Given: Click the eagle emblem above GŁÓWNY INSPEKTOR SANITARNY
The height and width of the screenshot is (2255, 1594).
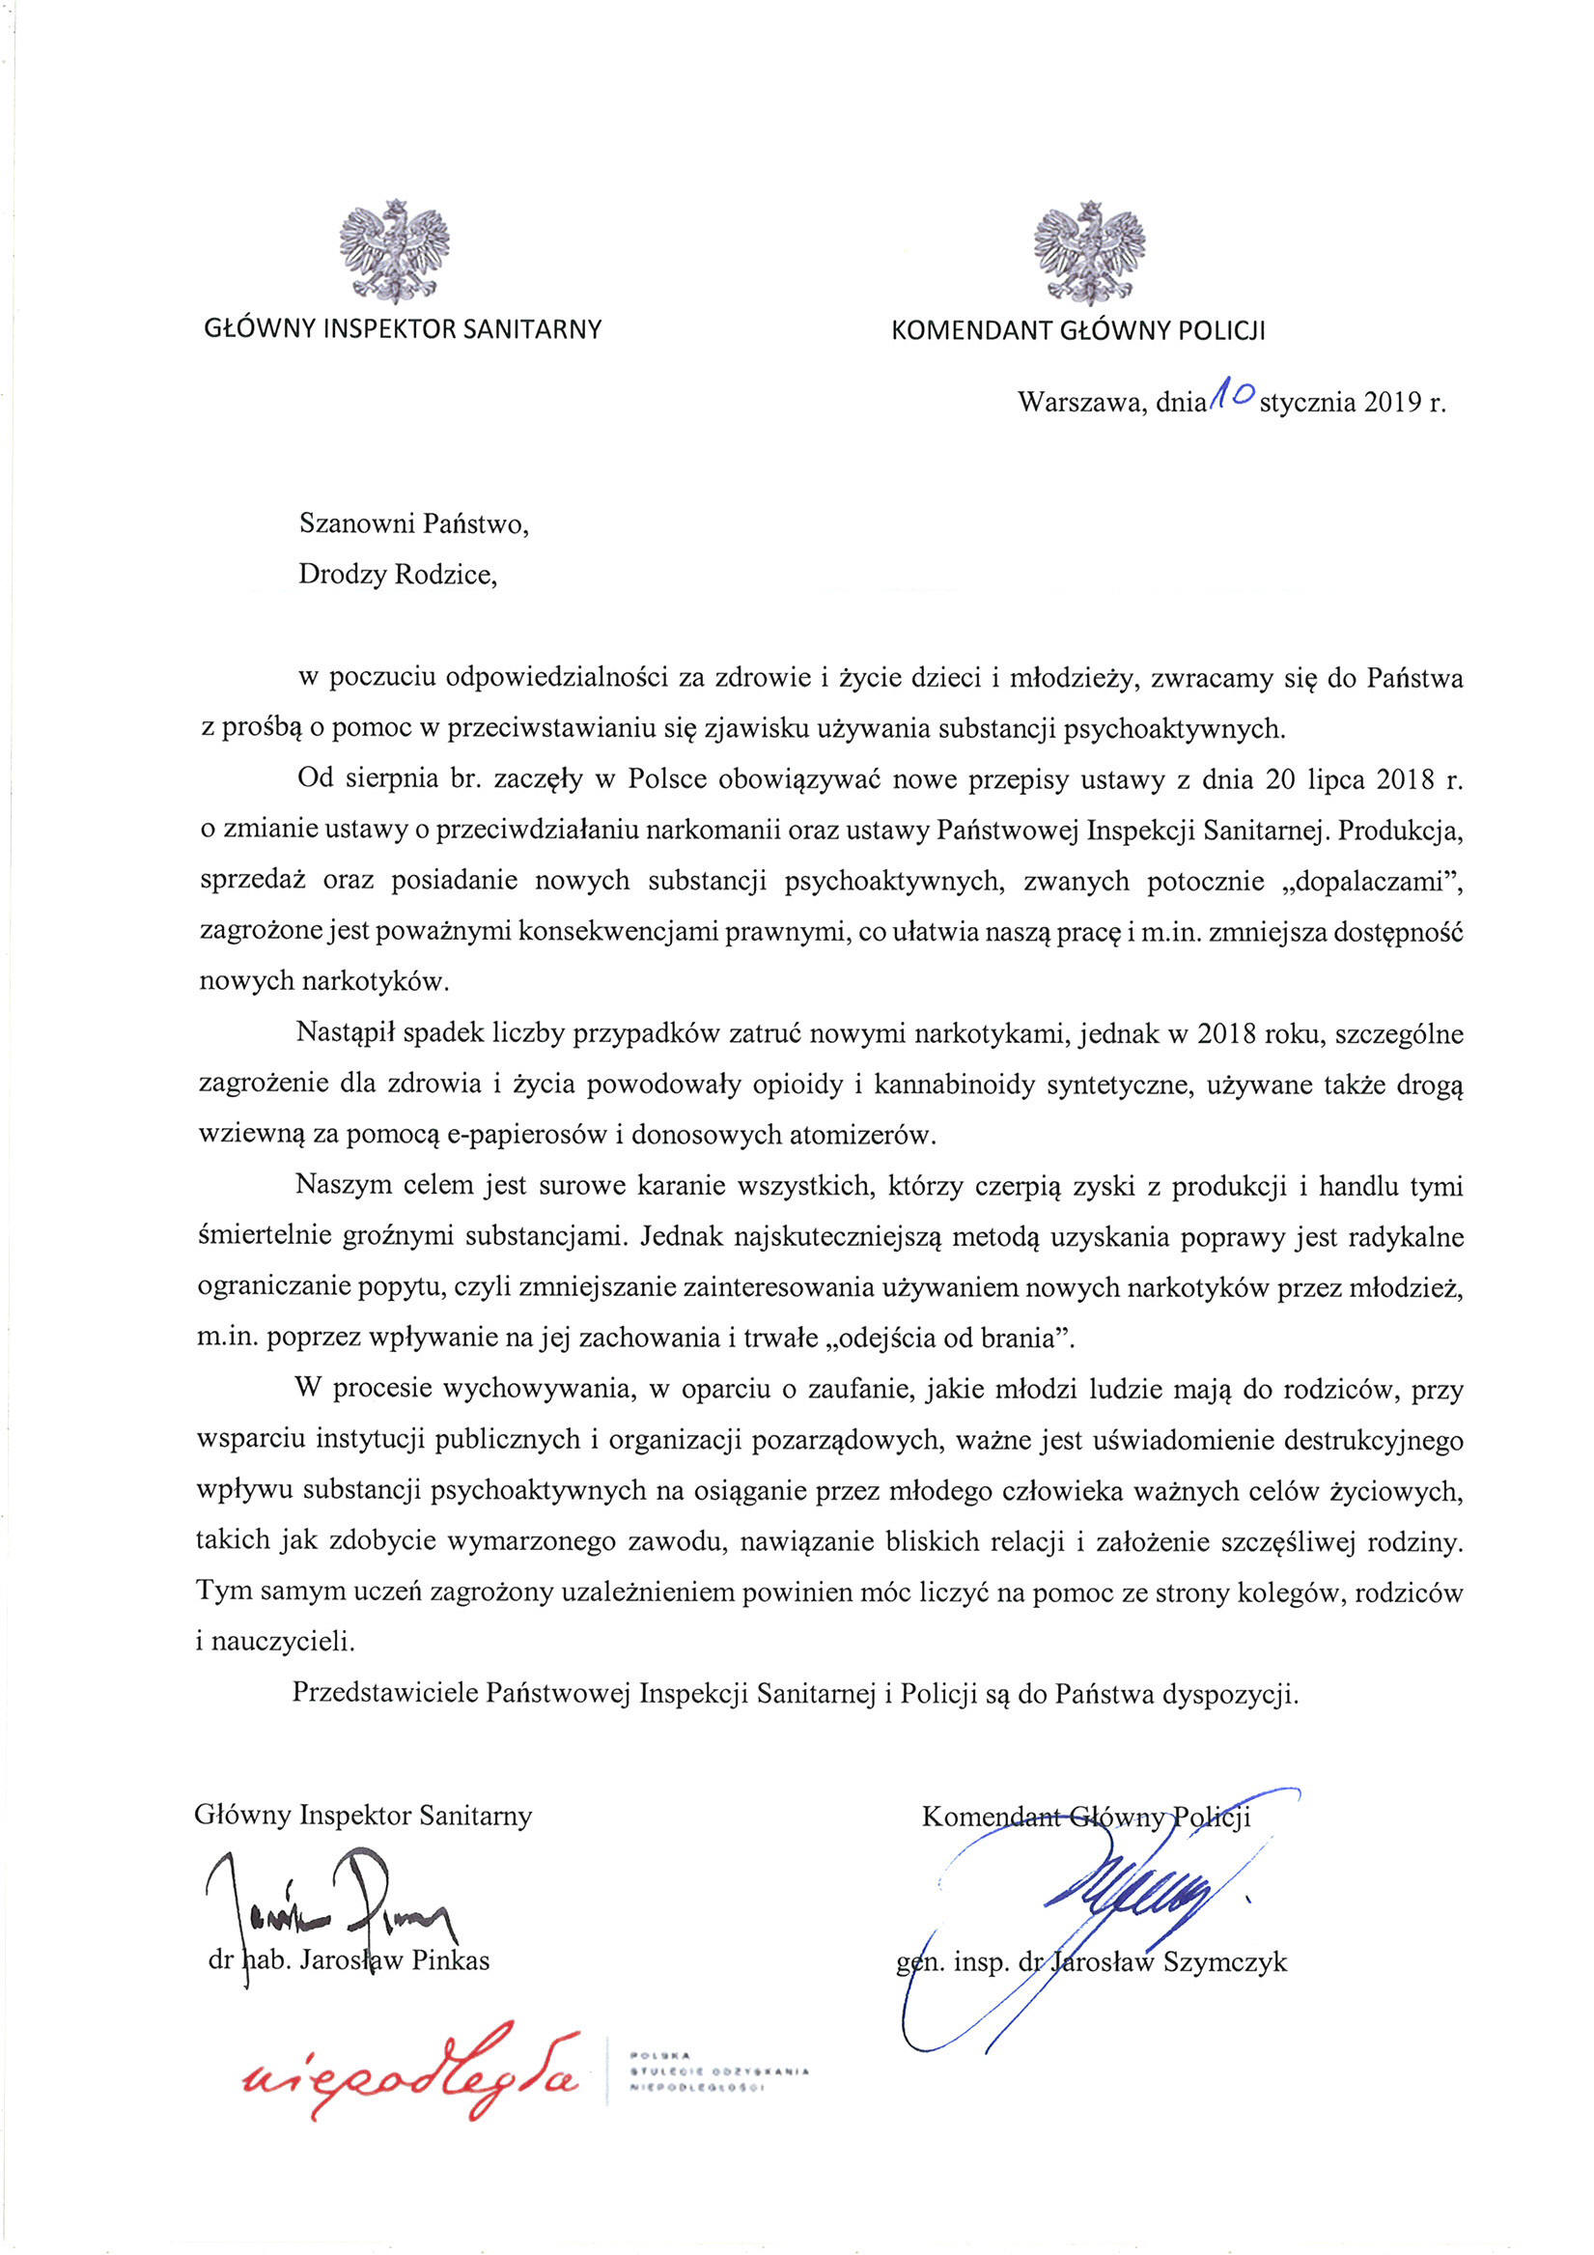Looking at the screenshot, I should pos(395,250).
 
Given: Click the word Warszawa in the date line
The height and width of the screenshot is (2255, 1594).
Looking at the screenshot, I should pos(1080,402).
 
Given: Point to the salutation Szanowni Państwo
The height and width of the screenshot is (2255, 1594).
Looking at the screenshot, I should pos(413,523).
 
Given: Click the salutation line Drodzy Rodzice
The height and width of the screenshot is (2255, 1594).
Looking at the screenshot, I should pos(398,575).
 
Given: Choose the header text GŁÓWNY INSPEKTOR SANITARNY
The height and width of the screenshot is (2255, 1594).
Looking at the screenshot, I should pos(403,330).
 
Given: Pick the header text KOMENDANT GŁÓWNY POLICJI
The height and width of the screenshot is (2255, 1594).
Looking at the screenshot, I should pos(1077,331).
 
